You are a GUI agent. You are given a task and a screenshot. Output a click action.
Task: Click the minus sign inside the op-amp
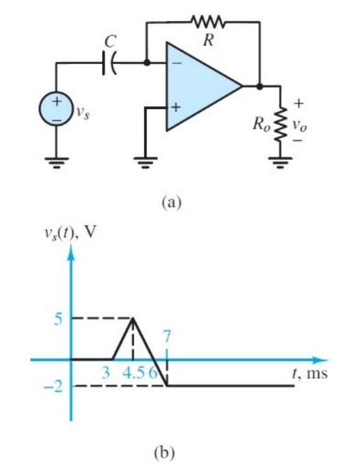tap(176, 63)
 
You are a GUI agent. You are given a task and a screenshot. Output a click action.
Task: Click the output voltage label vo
tap(301, 125)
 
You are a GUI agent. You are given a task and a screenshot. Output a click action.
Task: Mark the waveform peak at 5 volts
tap(133, 319)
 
